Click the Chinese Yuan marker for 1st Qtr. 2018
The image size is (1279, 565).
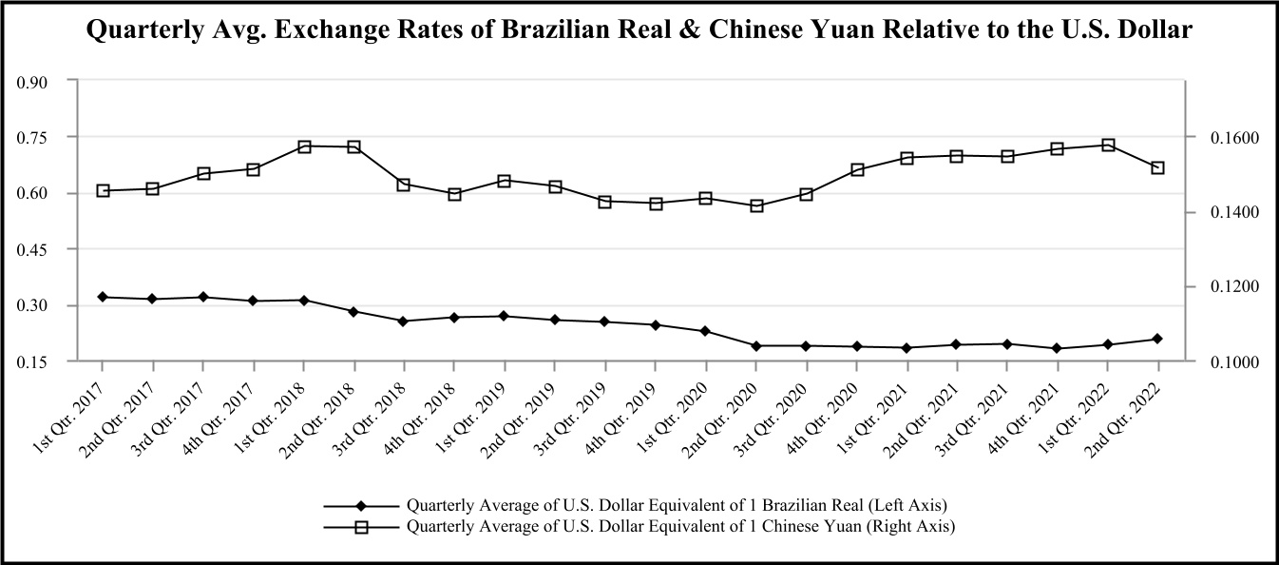[304, 146]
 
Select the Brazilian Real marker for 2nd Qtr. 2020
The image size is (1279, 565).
[756, 346]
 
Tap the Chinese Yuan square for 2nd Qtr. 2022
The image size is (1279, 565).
[1157, 168]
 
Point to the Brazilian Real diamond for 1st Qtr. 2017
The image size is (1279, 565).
[103, 297]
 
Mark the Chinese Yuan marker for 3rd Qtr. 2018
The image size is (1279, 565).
[404, 185]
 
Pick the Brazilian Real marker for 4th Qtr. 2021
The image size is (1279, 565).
[1058, 348]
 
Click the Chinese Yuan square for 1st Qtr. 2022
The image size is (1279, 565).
[1108, 145]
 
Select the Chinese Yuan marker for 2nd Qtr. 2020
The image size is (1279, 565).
[756, 205]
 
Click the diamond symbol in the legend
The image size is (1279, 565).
[361, 505]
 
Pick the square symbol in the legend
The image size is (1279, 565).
[361, 526]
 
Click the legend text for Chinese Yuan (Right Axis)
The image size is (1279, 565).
[680, 526]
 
